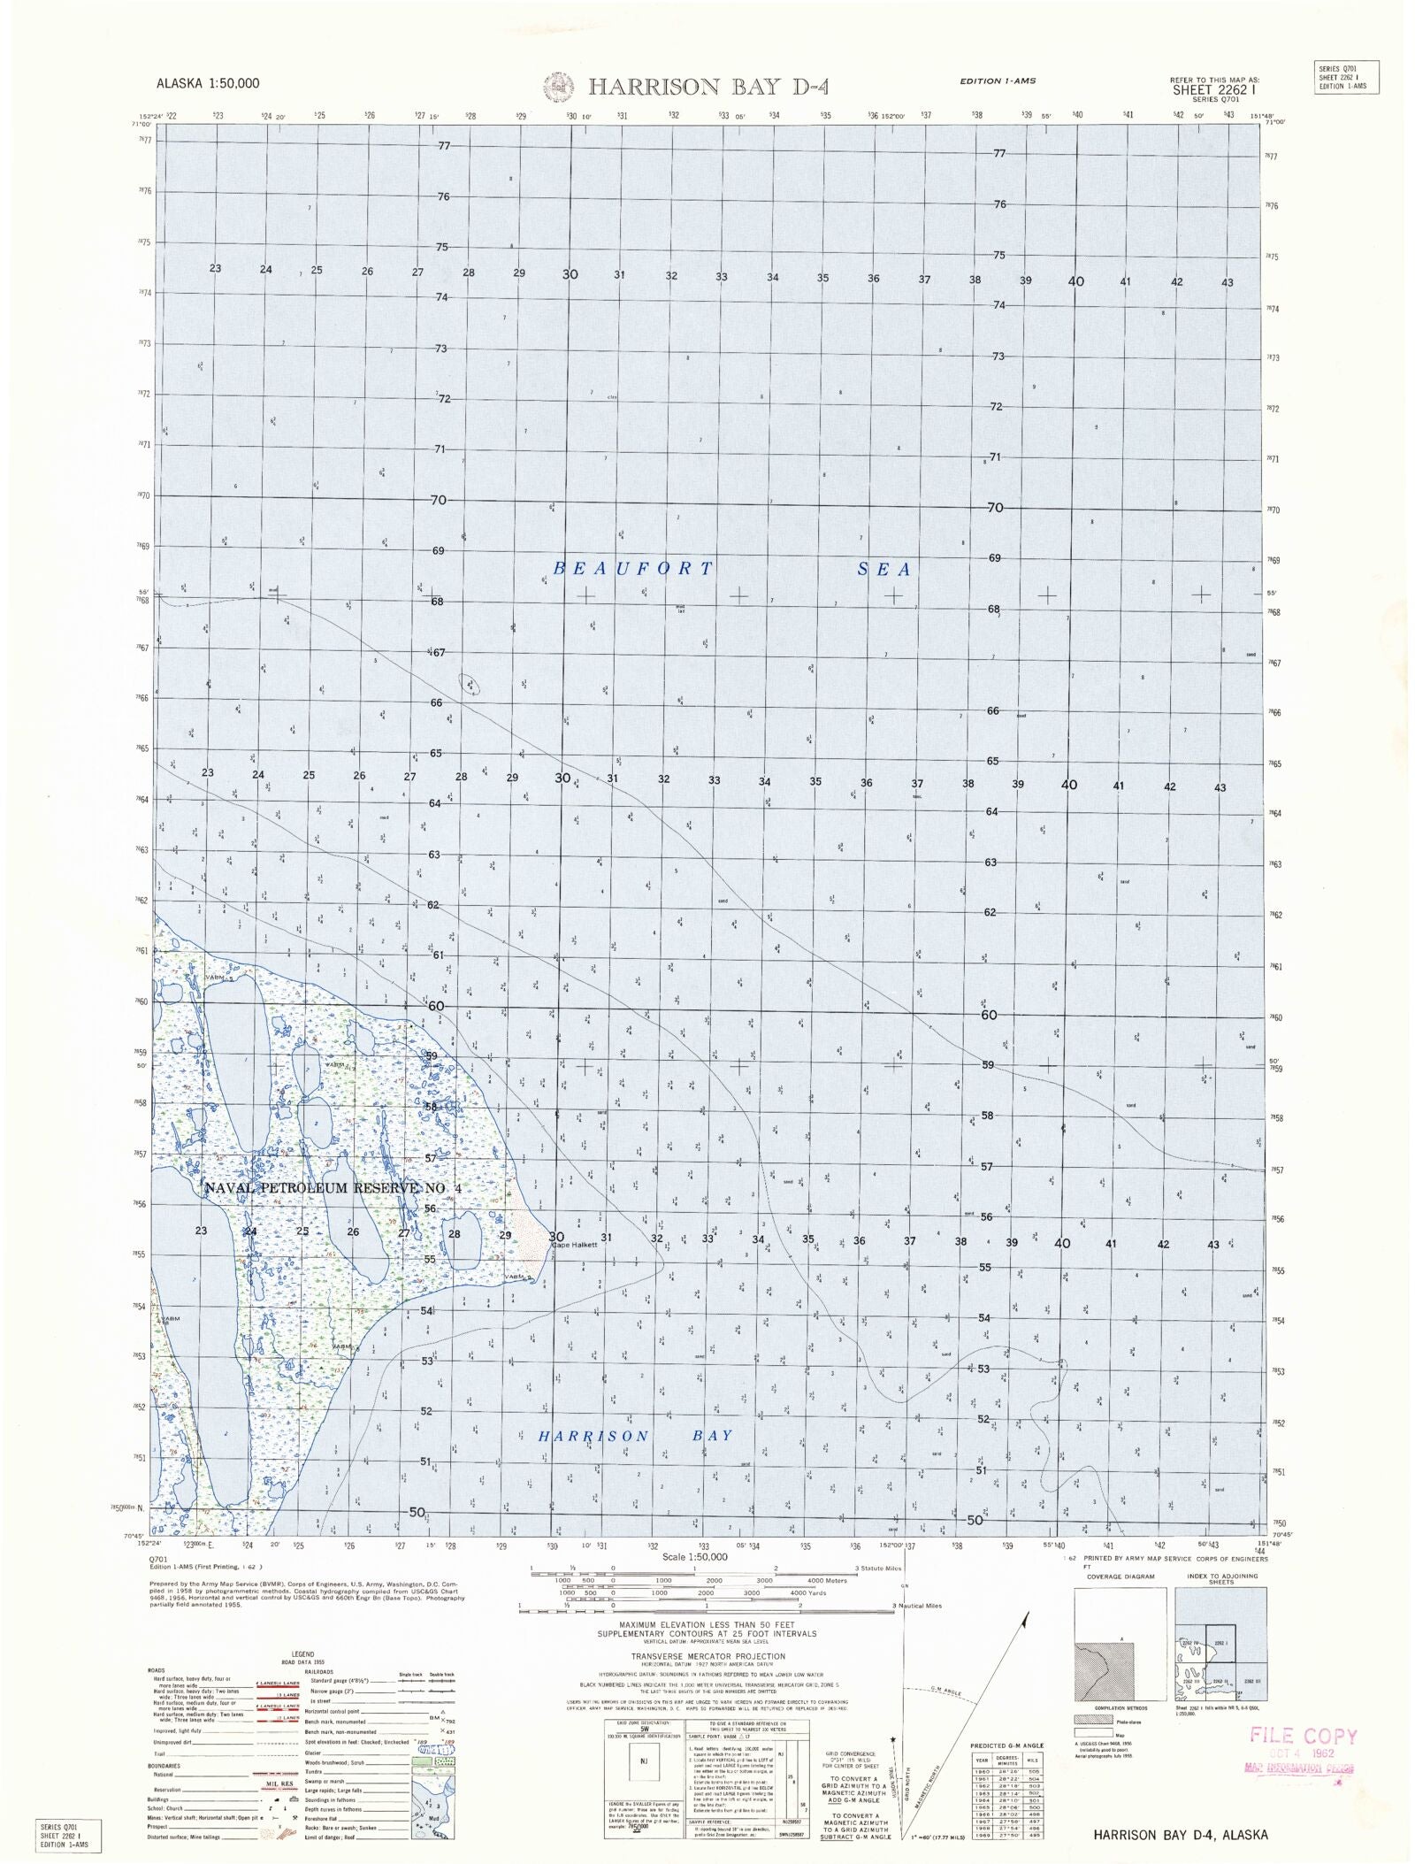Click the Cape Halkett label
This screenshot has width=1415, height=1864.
[x=576, y=1245]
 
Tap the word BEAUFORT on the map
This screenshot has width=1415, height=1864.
[x=632, y=569]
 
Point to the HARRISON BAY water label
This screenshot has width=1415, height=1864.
[x=636, y=1435]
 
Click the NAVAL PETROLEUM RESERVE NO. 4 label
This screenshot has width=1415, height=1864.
[x=333, y=1188]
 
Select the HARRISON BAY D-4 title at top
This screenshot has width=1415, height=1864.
[x=707, y=87]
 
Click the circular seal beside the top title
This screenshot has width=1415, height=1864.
[x=560, y=87]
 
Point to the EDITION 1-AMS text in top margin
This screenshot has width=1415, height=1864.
[x=998, y=81]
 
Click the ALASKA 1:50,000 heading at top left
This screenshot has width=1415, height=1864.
[x=209, y=84]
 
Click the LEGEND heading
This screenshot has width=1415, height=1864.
[x=302, y=1653]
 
